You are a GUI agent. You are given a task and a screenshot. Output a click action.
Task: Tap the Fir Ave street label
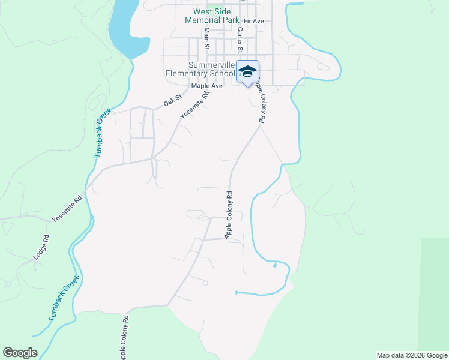click(254, 22)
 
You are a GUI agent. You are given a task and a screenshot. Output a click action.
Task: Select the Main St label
click(206, 38)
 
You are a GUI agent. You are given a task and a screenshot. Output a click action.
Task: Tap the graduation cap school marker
click(247, 71)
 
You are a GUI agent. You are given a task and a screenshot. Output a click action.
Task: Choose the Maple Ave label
click(207, 86)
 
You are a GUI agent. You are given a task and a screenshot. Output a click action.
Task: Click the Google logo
click(20, 353)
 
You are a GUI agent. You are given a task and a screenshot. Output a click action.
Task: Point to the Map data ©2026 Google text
click(412, 355)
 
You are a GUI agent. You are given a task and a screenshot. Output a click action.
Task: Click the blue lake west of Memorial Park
click(128, 27)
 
